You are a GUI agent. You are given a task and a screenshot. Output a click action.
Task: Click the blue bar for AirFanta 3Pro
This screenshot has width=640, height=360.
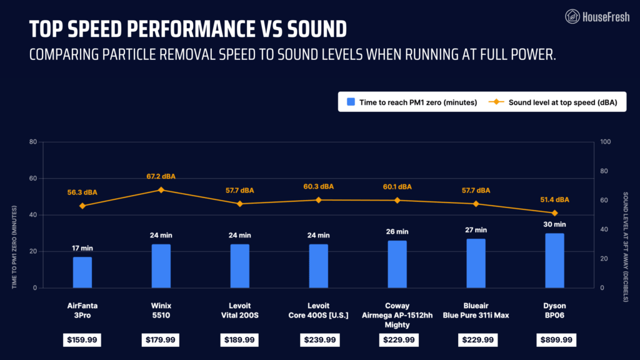[x=82, y=272]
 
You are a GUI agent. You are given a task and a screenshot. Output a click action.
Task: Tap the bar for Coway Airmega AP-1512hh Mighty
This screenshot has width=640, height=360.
[x=397, y=264]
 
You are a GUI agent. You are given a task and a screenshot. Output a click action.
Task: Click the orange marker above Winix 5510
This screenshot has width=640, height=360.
[x=161, y=190]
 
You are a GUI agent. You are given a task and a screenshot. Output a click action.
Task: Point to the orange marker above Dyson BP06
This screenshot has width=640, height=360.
[x=554, y=213]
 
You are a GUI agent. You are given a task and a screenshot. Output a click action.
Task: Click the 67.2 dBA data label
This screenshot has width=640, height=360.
[x=161, y=176]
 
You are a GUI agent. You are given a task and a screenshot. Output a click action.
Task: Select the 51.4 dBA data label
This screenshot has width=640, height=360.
[x=554, y=200]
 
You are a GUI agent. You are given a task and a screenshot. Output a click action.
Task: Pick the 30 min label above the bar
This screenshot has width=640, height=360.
[x=554, y=224]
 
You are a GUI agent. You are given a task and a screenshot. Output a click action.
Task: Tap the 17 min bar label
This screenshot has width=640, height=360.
[x=82, y=248]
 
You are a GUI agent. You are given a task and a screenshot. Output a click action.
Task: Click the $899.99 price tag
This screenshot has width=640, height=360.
[x=554, y=340]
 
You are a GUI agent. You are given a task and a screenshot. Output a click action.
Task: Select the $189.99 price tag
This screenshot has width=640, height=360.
[x=239, y=340]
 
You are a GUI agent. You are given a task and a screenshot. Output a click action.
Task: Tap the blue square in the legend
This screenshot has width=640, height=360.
[x=351, y=102]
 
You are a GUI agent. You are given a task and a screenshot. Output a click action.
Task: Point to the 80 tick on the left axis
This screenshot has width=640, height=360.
[x=32, y=142]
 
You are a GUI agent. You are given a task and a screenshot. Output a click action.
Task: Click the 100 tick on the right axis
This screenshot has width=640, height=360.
[x=604, y=142]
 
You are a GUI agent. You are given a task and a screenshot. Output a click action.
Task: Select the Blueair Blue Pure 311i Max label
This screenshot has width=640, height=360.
[x=476, y=311]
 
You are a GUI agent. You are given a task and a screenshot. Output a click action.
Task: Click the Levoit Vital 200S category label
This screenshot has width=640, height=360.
[x=239, y=311]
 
